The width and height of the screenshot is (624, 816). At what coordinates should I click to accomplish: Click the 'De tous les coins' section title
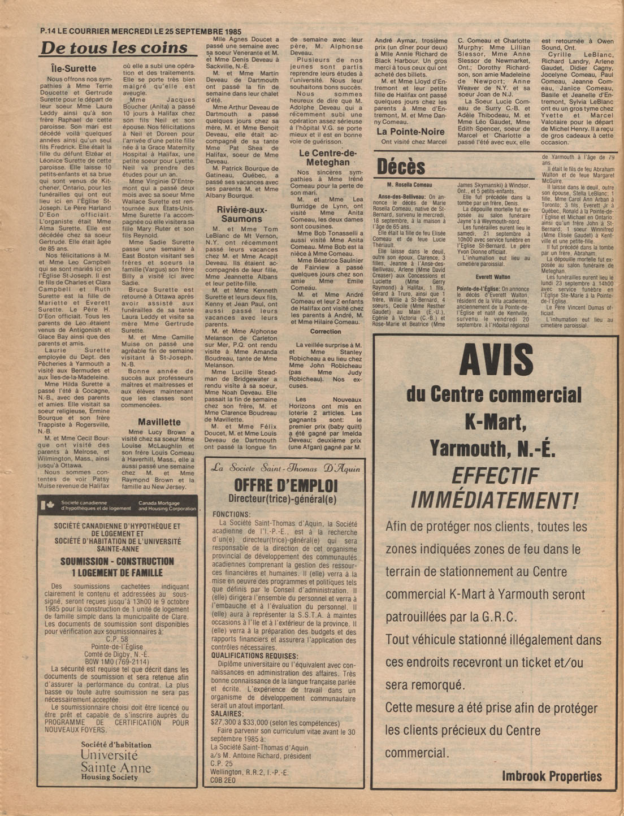115,47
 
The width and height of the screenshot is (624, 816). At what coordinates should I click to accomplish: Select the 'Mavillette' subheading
159,422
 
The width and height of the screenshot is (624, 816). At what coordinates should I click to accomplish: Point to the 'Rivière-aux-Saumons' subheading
241,214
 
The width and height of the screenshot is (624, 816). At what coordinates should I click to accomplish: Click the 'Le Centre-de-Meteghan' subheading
327,158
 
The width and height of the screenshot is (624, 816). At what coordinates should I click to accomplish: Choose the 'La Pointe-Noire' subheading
410,132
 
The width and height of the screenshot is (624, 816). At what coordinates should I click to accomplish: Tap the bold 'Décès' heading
401,167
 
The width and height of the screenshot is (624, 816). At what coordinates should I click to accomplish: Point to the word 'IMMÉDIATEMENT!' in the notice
495,500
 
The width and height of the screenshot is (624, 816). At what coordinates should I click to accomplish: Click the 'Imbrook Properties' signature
552,776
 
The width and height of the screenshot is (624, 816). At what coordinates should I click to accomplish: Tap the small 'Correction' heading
325,332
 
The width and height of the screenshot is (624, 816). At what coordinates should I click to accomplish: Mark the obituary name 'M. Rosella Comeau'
410,185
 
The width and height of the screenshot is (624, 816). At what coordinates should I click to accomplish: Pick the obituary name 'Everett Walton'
493,277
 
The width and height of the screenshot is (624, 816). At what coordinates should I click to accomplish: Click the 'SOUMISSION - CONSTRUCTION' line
117,561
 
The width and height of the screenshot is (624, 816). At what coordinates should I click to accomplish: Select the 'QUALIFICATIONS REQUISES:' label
254,656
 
